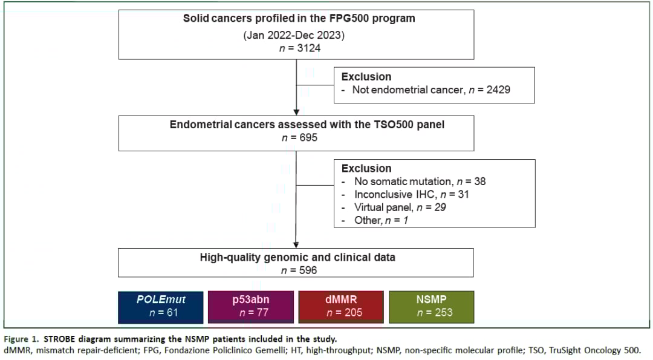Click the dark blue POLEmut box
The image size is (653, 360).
pos(161,307)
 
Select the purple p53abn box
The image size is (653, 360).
pos(251,307)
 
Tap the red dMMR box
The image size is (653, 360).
pos(341,307)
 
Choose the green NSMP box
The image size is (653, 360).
pos(432,307)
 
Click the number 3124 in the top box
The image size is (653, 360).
pos(309,48)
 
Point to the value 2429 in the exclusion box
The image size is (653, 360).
pos(498,90)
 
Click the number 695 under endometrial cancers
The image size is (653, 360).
pos(308,137)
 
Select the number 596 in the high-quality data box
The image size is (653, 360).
pos(308,270)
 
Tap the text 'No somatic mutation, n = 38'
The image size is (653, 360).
pos(420,182)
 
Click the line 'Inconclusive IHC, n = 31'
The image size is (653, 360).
pos(412,195)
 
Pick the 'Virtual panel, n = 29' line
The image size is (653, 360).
pos(400,208)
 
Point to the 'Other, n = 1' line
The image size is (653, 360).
pos(381,220)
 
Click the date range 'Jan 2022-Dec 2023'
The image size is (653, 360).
pos(294,35)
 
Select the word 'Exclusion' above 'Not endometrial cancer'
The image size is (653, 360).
pos(366,77)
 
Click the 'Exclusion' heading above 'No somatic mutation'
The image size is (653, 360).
pos(366,168)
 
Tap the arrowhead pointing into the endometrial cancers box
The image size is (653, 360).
pos(296,113)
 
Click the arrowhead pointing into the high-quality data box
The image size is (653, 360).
pos(296,246)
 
